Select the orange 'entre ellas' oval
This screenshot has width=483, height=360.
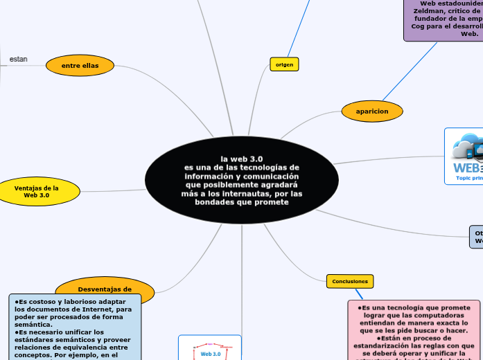(80, 66)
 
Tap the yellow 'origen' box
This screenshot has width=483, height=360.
(284, 64)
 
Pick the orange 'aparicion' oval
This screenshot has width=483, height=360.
(372, 111)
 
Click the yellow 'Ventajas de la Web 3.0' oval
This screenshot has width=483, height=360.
(36, 192)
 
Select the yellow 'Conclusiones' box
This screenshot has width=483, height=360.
(350, 281)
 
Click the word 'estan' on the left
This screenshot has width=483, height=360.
(19, 60)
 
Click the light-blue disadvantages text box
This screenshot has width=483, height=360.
(74, 328)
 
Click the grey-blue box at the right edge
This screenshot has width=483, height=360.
(477, 237)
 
